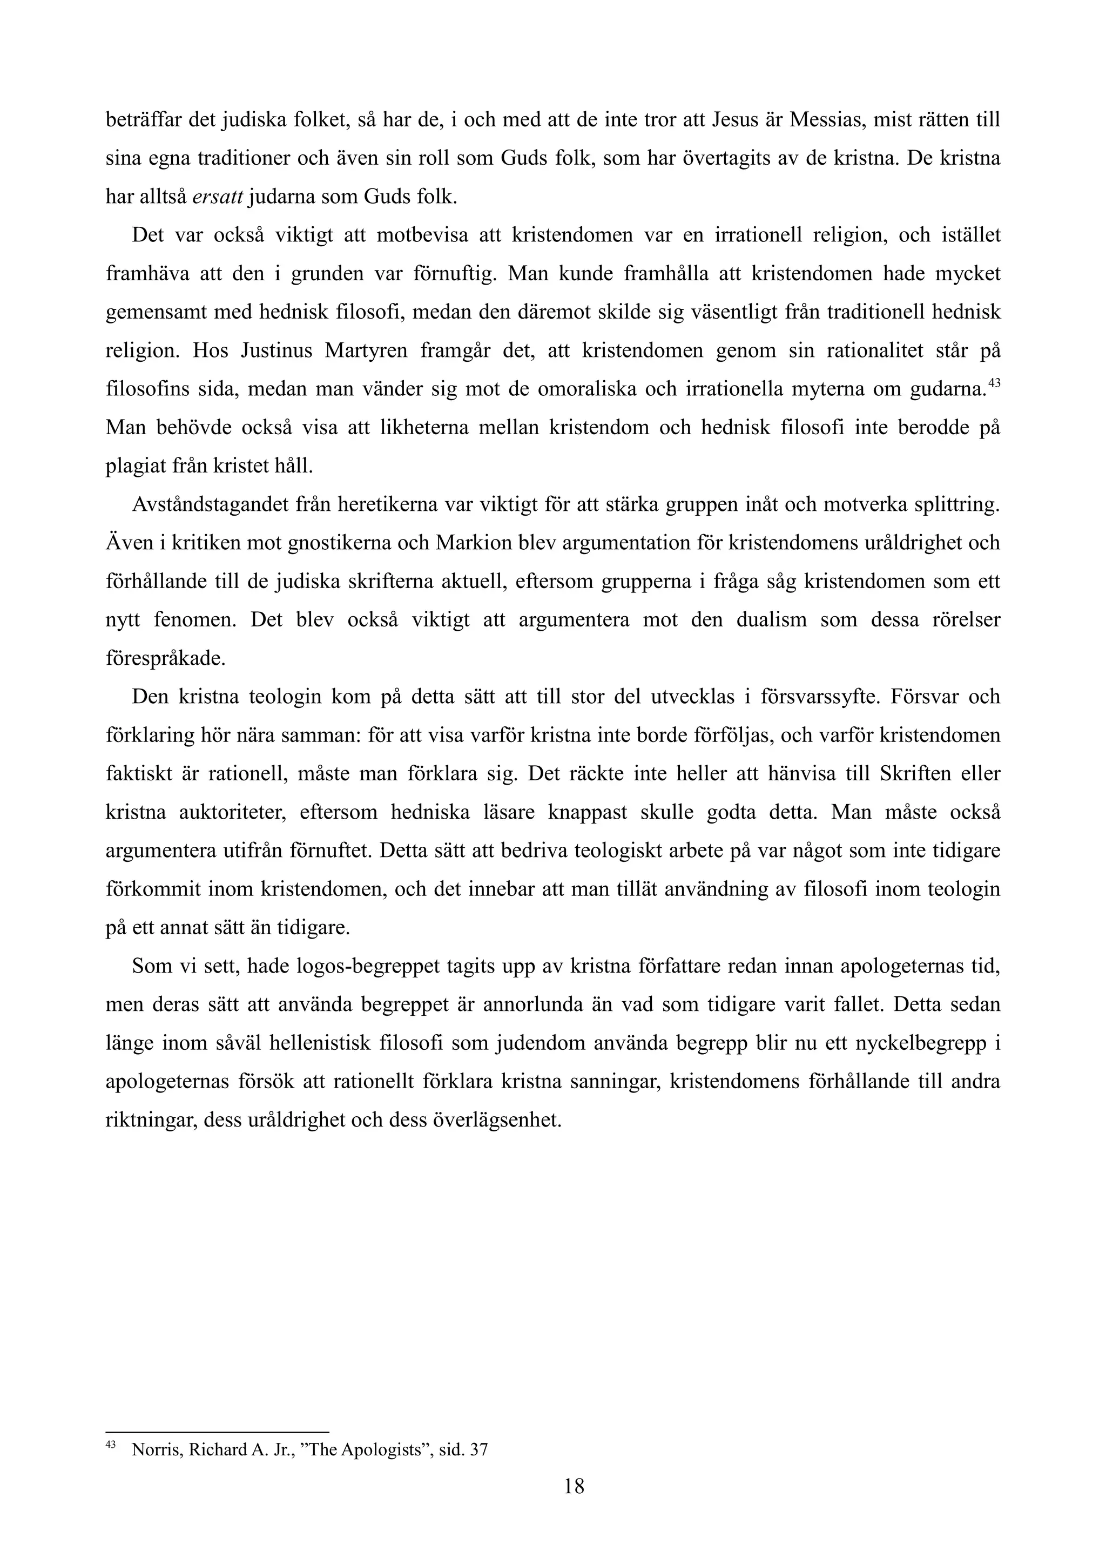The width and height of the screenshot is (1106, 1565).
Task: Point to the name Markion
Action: pyautogui.click(x=468, y=543)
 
